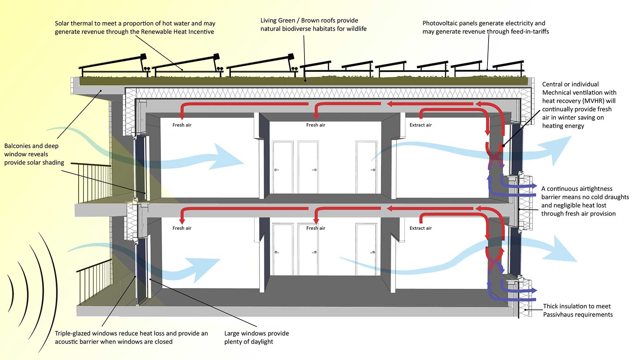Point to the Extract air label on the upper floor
coord(420,125)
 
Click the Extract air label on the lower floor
coord(420,228)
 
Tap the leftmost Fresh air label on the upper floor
coord(182,125)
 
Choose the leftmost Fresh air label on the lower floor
coord(182,228)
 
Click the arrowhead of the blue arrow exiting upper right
coord(561,148)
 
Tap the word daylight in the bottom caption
coord(262,342)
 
